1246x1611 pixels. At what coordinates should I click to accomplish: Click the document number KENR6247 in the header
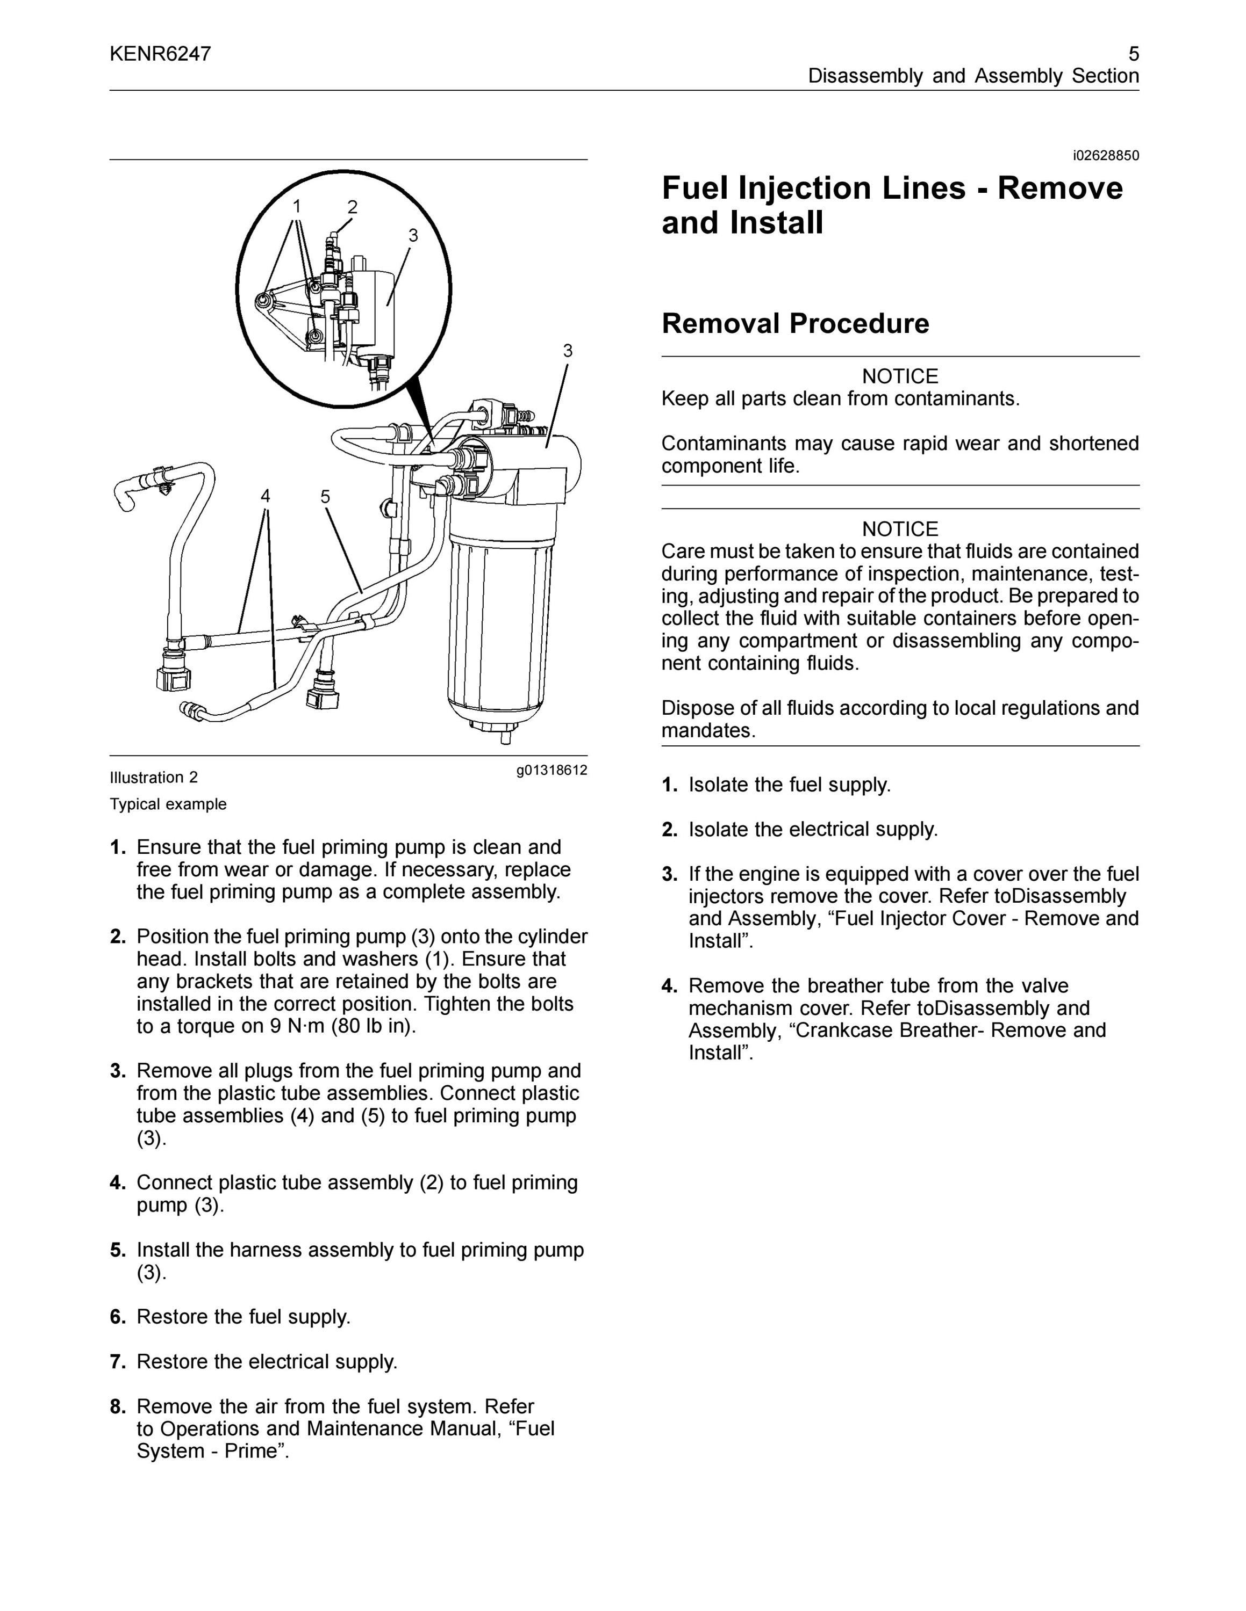coord(160,54)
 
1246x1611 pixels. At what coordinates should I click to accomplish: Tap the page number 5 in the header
coord(1134,54)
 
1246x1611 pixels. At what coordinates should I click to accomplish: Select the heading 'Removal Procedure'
coord(795,323)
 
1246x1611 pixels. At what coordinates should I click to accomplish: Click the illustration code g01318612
coord(552,771)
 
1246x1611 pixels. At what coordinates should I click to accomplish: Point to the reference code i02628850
coord(1106,156)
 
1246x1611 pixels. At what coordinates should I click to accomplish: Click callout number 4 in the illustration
coord(265,496)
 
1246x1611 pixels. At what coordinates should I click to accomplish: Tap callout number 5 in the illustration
coord(326,496)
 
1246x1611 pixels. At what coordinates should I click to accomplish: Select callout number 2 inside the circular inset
coord(353,207)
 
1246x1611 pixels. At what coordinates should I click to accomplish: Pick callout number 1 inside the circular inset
coord(297,206)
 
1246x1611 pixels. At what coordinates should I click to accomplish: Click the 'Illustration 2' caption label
coord(154,778)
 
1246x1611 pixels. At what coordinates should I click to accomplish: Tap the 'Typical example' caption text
coord(168,804)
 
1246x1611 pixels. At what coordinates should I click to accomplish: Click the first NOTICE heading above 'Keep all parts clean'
coord(900,376)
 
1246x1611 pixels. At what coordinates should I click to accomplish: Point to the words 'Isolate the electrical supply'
coord(813,829)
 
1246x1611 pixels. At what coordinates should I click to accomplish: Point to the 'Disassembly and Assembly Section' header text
coord(973,76)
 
